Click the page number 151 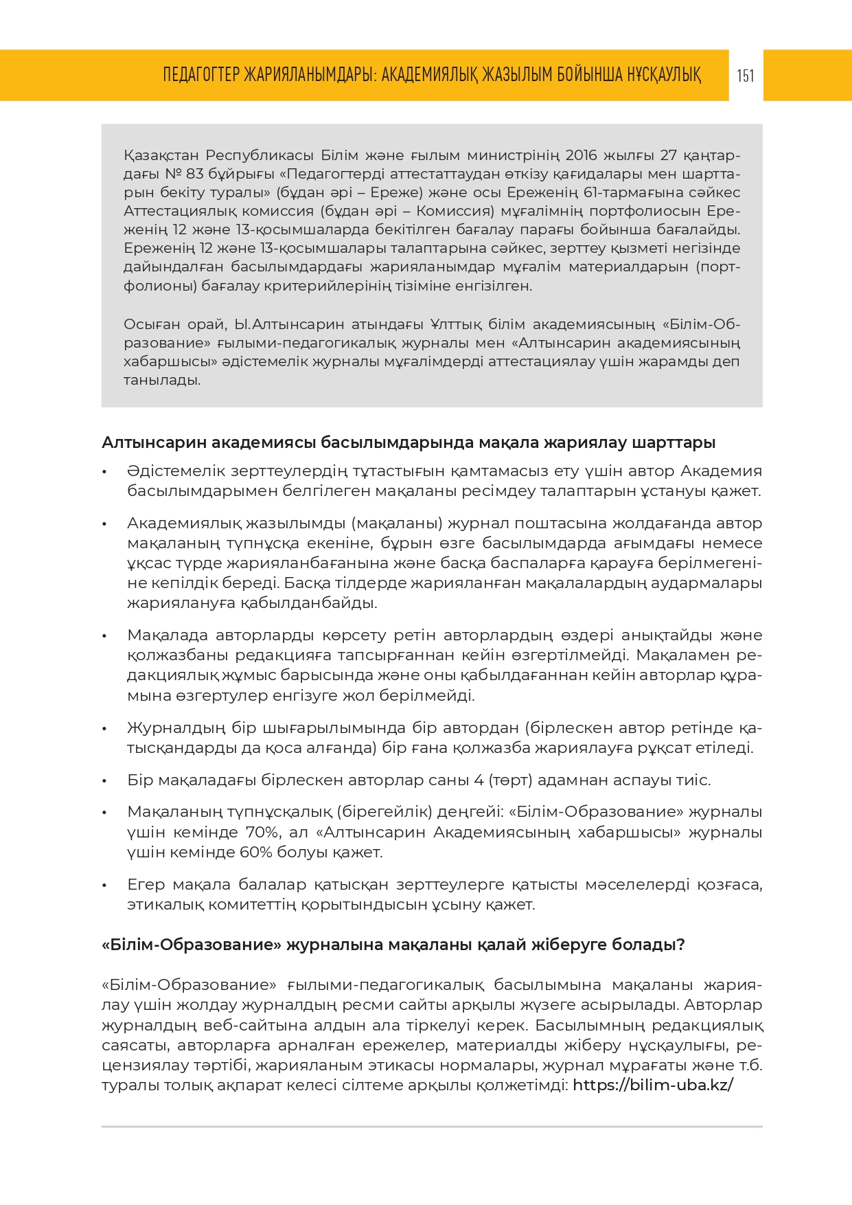click(x=746, y=76)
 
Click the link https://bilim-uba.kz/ click(x=653, y=1085)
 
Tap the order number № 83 click(x=185, y=173)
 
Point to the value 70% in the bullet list click(x=262, y=832)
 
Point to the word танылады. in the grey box click(x=162, y=380)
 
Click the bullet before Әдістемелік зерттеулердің click(x=104, y=472)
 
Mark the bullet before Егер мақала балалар click(x=104, y=886)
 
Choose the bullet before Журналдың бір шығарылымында click(x=104, y=729)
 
